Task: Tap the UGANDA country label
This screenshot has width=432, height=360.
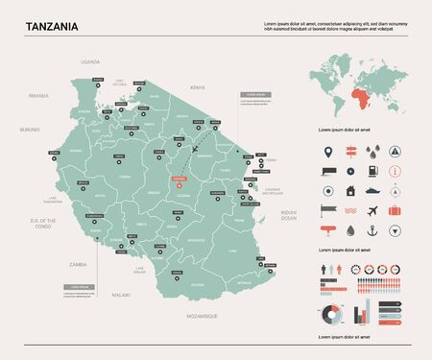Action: coord(90,60)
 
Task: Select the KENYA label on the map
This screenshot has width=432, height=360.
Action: coord(198,87)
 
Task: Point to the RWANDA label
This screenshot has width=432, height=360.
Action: coord(38,96)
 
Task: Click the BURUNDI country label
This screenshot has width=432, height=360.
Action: coord(29,128)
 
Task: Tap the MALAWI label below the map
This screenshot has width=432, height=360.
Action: coord(120,295)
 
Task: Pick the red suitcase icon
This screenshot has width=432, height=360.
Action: coord(395,207)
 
